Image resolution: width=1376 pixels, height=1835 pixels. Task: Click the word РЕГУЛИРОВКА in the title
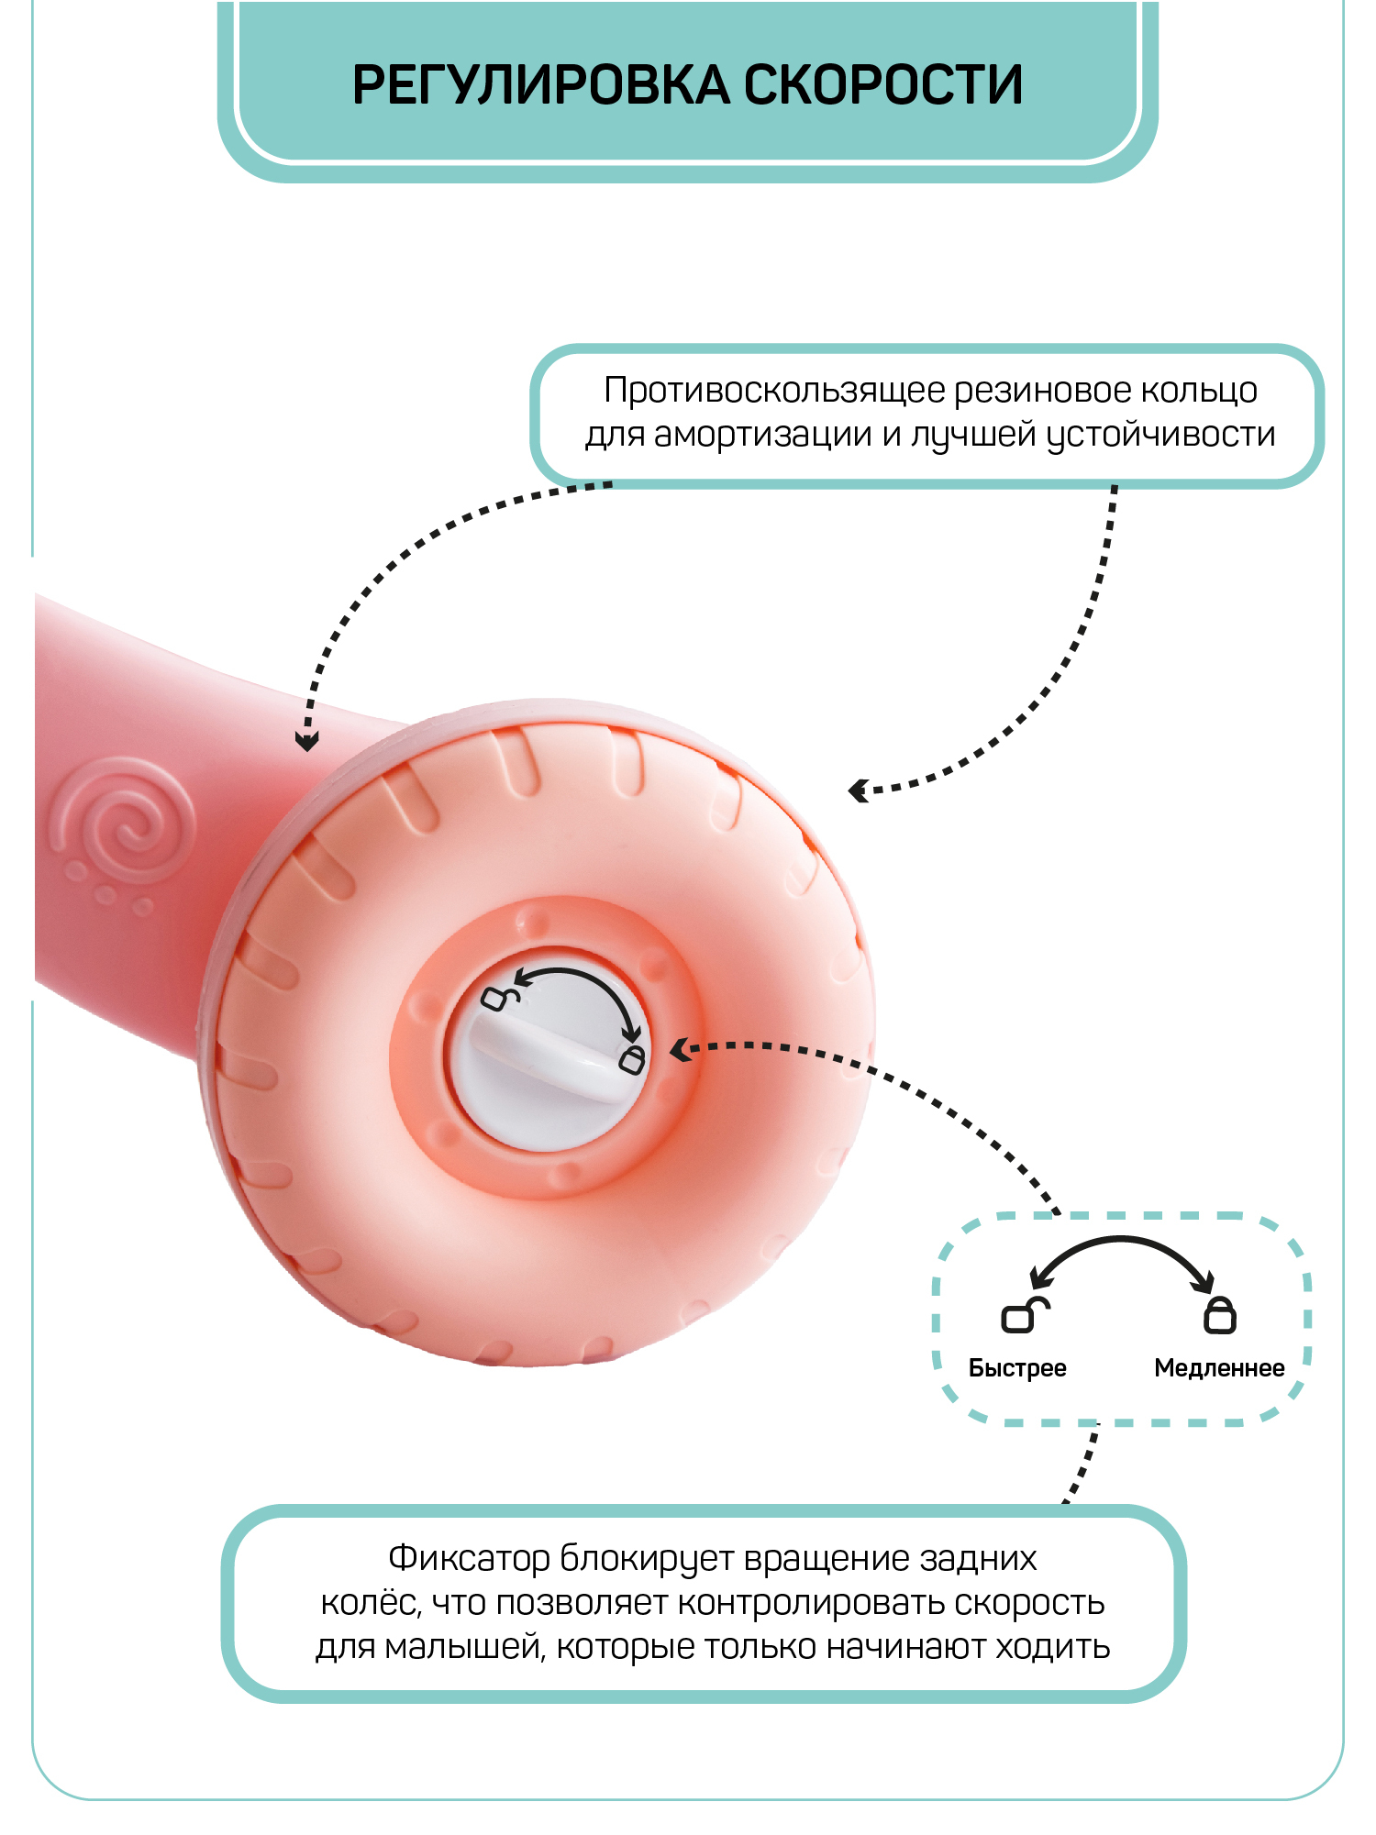coord(541,85)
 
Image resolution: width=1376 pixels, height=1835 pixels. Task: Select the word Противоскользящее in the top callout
coord(775,391)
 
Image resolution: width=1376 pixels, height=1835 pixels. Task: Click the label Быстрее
coord(1017,1368)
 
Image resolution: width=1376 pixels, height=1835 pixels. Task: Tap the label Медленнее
coord(1219,1368)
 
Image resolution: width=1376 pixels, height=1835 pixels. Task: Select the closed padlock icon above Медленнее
coord(1220,1315)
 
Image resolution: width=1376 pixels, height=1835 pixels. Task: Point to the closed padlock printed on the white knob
coord(632,1059)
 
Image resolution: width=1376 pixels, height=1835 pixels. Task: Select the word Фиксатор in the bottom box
coord(469,1558)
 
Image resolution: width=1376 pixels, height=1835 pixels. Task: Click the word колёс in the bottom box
coord(370,1603)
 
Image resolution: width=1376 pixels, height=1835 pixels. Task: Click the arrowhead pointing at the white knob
coord(679,1050)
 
